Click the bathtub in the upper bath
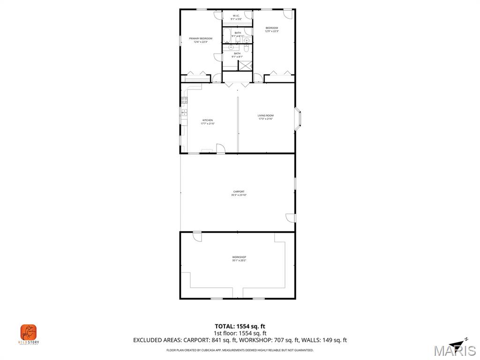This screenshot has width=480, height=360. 227,36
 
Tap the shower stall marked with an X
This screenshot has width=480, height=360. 245,65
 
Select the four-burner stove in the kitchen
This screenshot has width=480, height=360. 185,100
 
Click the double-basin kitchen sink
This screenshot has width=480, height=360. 184,112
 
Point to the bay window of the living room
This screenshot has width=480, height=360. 299,119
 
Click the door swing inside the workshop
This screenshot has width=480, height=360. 197,237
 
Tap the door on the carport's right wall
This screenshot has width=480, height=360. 291,218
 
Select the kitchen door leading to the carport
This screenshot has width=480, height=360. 220,149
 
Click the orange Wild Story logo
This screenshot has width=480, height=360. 28,333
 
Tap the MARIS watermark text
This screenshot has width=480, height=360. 454,351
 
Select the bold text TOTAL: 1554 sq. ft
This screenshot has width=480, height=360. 240,326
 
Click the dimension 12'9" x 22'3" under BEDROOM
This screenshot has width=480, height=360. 272,31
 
